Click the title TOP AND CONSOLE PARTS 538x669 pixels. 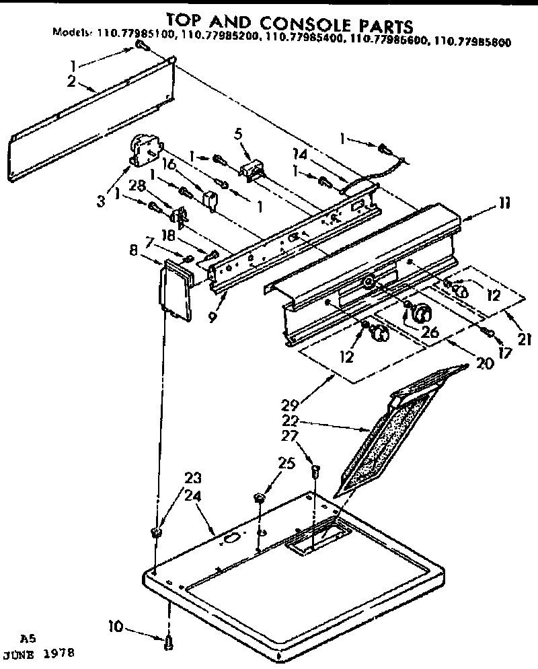(x=289, y=25)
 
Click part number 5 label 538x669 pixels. (x=237, y=133)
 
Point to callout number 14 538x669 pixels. (x=300, y=154)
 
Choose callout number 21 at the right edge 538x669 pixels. (x=524, y=338)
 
